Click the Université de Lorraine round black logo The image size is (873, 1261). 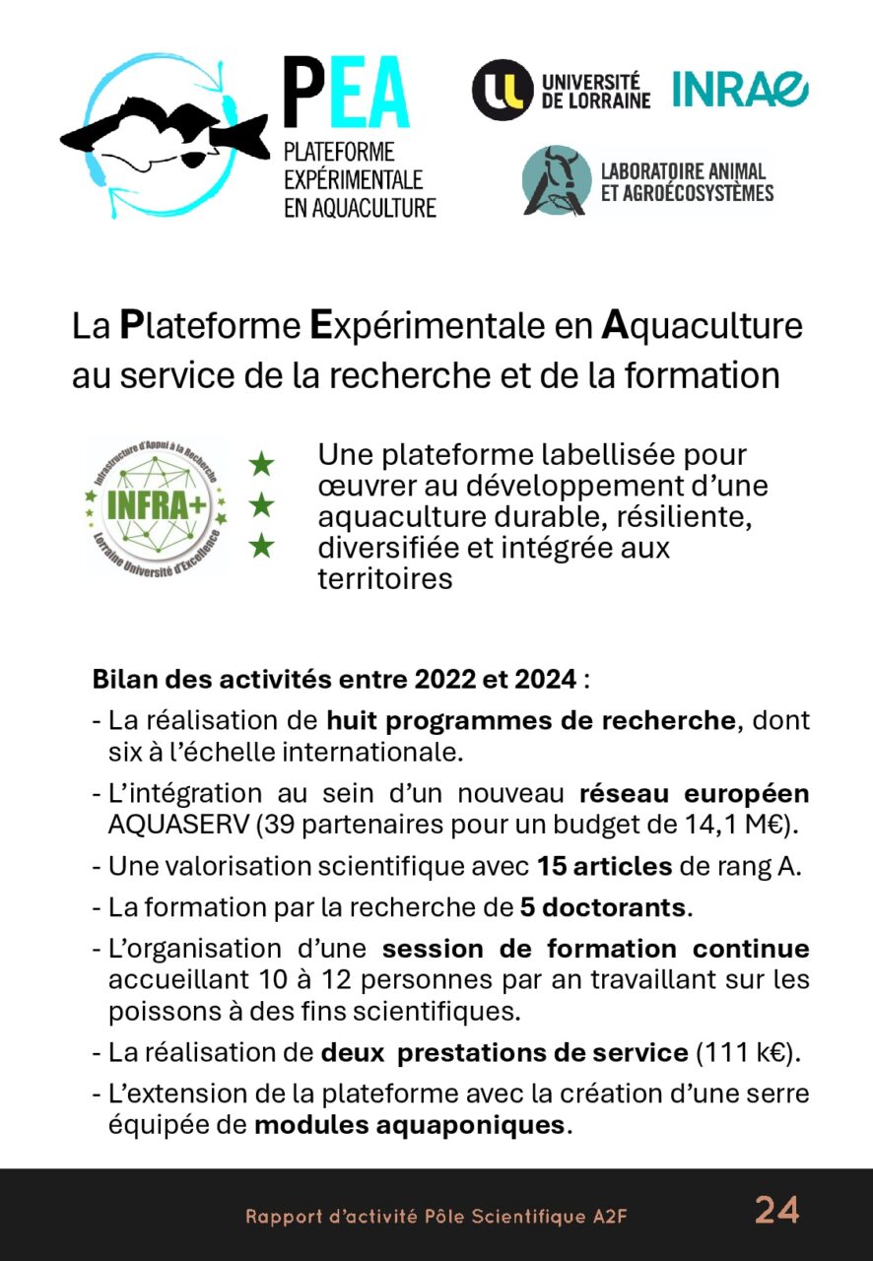click(503, 90)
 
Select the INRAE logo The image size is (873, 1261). click(740, 90)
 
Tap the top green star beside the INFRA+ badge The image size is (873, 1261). click(261, 461)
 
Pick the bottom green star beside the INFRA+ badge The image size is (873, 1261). click(261, 546)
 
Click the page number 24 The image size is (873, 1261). click(777, 1210)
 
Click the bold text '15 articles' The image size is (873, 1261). click(605, 867)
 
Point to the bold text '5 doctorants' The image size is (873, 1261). click(603, 907)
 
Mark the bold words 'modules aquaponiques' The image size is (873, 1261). click(410, 1125)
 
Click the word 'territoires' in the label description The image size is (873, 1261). click(385, 579)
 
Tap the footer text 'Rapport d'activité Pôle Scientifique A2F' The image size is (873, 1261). click(436, 1217)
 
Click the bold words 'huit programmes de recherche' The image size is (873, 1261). click(531, 720)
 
